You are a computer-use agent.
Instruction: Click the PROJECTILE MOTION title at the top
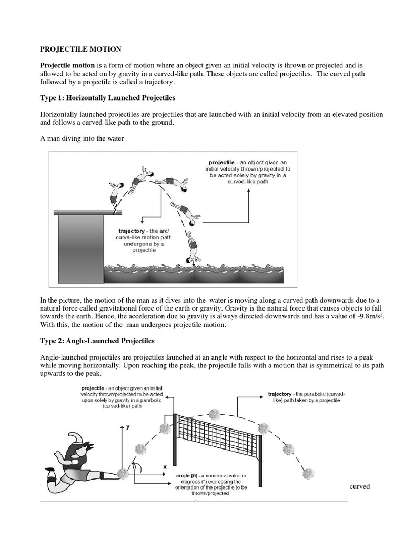coord(81,49)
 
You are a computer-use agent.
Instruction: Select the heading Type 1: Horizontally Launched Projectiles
coord(108,98)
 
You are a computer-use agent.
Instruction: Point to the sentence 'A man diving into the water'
coord(82,139)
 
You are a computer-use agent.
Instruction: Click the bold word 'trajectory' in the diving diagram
coord(135,231)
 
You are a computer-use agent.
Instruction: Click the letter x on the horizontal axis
coord(165,466)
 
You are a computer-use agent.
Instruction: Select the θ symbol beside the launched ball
coord(134,466)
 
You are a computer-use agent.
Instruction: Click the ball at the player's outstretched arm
coord(123,474)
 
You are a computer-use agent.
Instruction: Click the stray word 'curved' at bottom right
coord(360,486)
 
